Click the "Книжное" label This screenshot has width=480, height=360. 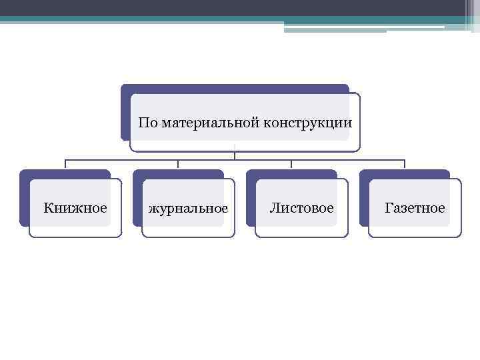(75, 208)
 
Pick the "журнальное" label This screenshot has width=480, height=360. (189, 209)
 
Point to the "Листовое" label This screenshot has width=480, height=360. (301, 208)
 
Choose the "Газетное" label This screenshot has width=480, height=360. (415, 208)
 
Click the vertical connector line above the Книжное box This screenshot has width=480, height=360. (65, 165)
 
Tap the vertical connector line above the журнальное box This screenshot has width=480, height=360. (178, 165)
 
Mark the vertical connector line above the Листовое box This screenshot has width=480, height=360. (291, 165)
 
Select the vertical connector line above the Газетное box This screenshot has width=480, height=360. (405, 165)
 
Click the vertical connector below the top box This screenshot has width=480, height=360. (235, 155)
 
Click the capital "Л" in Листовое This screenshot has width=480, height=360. (273, 208)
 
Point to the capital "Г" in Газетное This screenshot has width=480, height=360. (389, 208)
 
